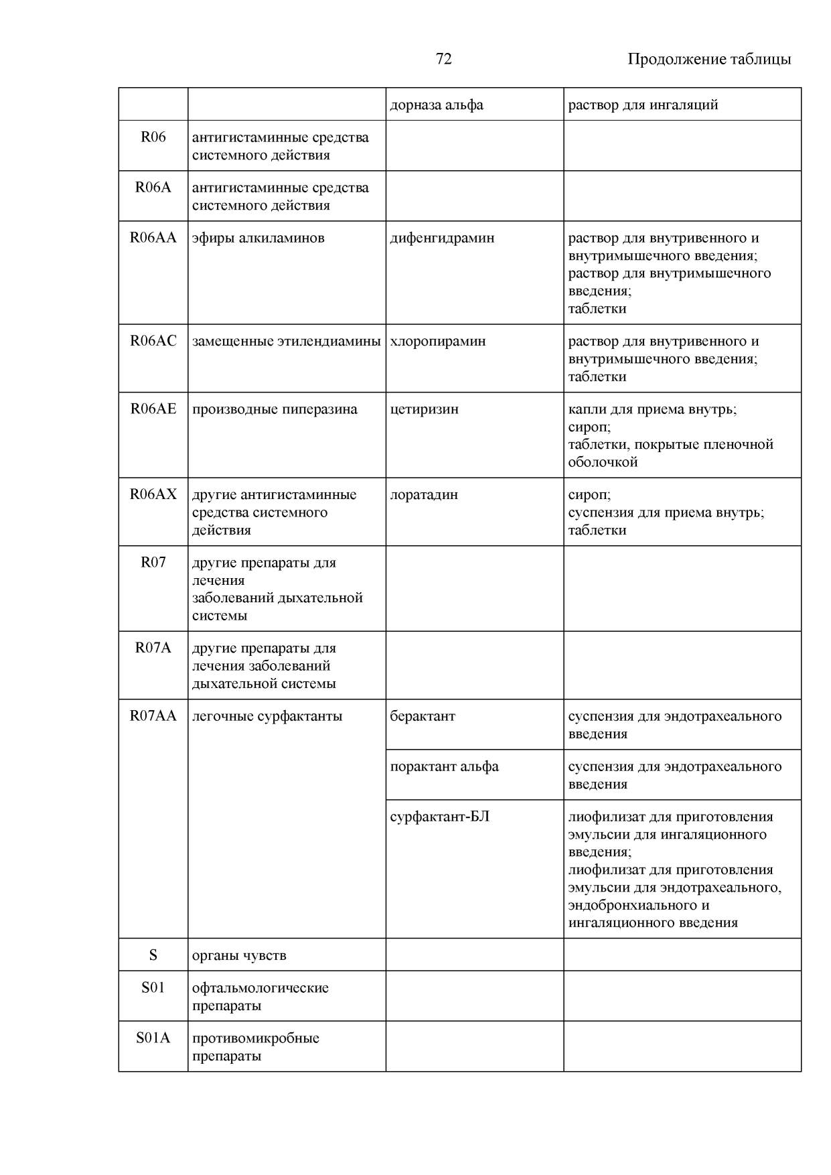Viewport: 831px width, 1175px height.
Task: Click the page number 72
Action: tap(443, 59)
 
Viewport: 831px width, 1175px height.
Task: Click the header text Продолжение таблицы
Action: tap(708, 59)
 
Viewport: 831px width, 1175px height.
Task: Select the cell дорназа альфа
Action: tap(437, 105)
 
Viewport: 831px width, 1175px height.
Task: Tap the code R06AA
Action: tap(153, 238)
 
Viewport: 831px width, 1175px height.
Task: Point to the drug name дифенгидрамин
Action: tap(442, 238)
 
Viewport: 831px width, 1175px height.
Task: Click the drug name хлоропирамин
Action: tap(438, 341)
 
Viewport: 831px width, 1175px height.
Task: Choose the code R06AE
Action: tap(153, 409)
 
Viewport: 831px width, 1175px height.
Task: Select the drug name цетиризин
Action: tap(425, 409)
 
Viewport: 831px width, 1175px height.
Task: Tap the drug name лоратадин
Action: tap(424, 494)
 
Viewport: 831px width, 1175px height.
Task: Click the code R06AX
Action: tap(153, 494)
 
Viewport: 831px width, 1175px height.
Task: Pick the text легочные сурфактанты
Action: tap(267, 716)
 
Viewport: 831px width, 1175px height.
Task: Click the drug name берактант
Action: tap(423, 716)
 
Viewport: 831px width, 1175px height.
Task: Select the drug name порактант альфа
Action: tap(445, 766)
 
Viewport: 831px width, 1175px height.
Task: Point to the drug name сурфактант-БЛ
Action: tap(440, 817)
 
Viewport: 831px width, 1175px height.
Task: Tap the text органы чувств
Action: tap(239, 955)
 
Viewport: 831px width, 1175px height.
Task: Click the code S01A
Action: tap(153, 1038)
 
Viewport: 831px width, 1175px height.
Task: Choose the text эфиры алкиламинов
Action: tap(258, 238)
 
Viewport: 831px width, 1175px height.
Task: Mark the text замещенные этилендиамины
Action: tap(287, 341)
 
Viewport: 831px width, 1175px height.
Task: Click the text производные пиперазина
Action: tap(275, 409)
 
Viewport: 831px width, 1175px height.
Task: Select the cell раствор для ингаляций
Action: tap(643, 105)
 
